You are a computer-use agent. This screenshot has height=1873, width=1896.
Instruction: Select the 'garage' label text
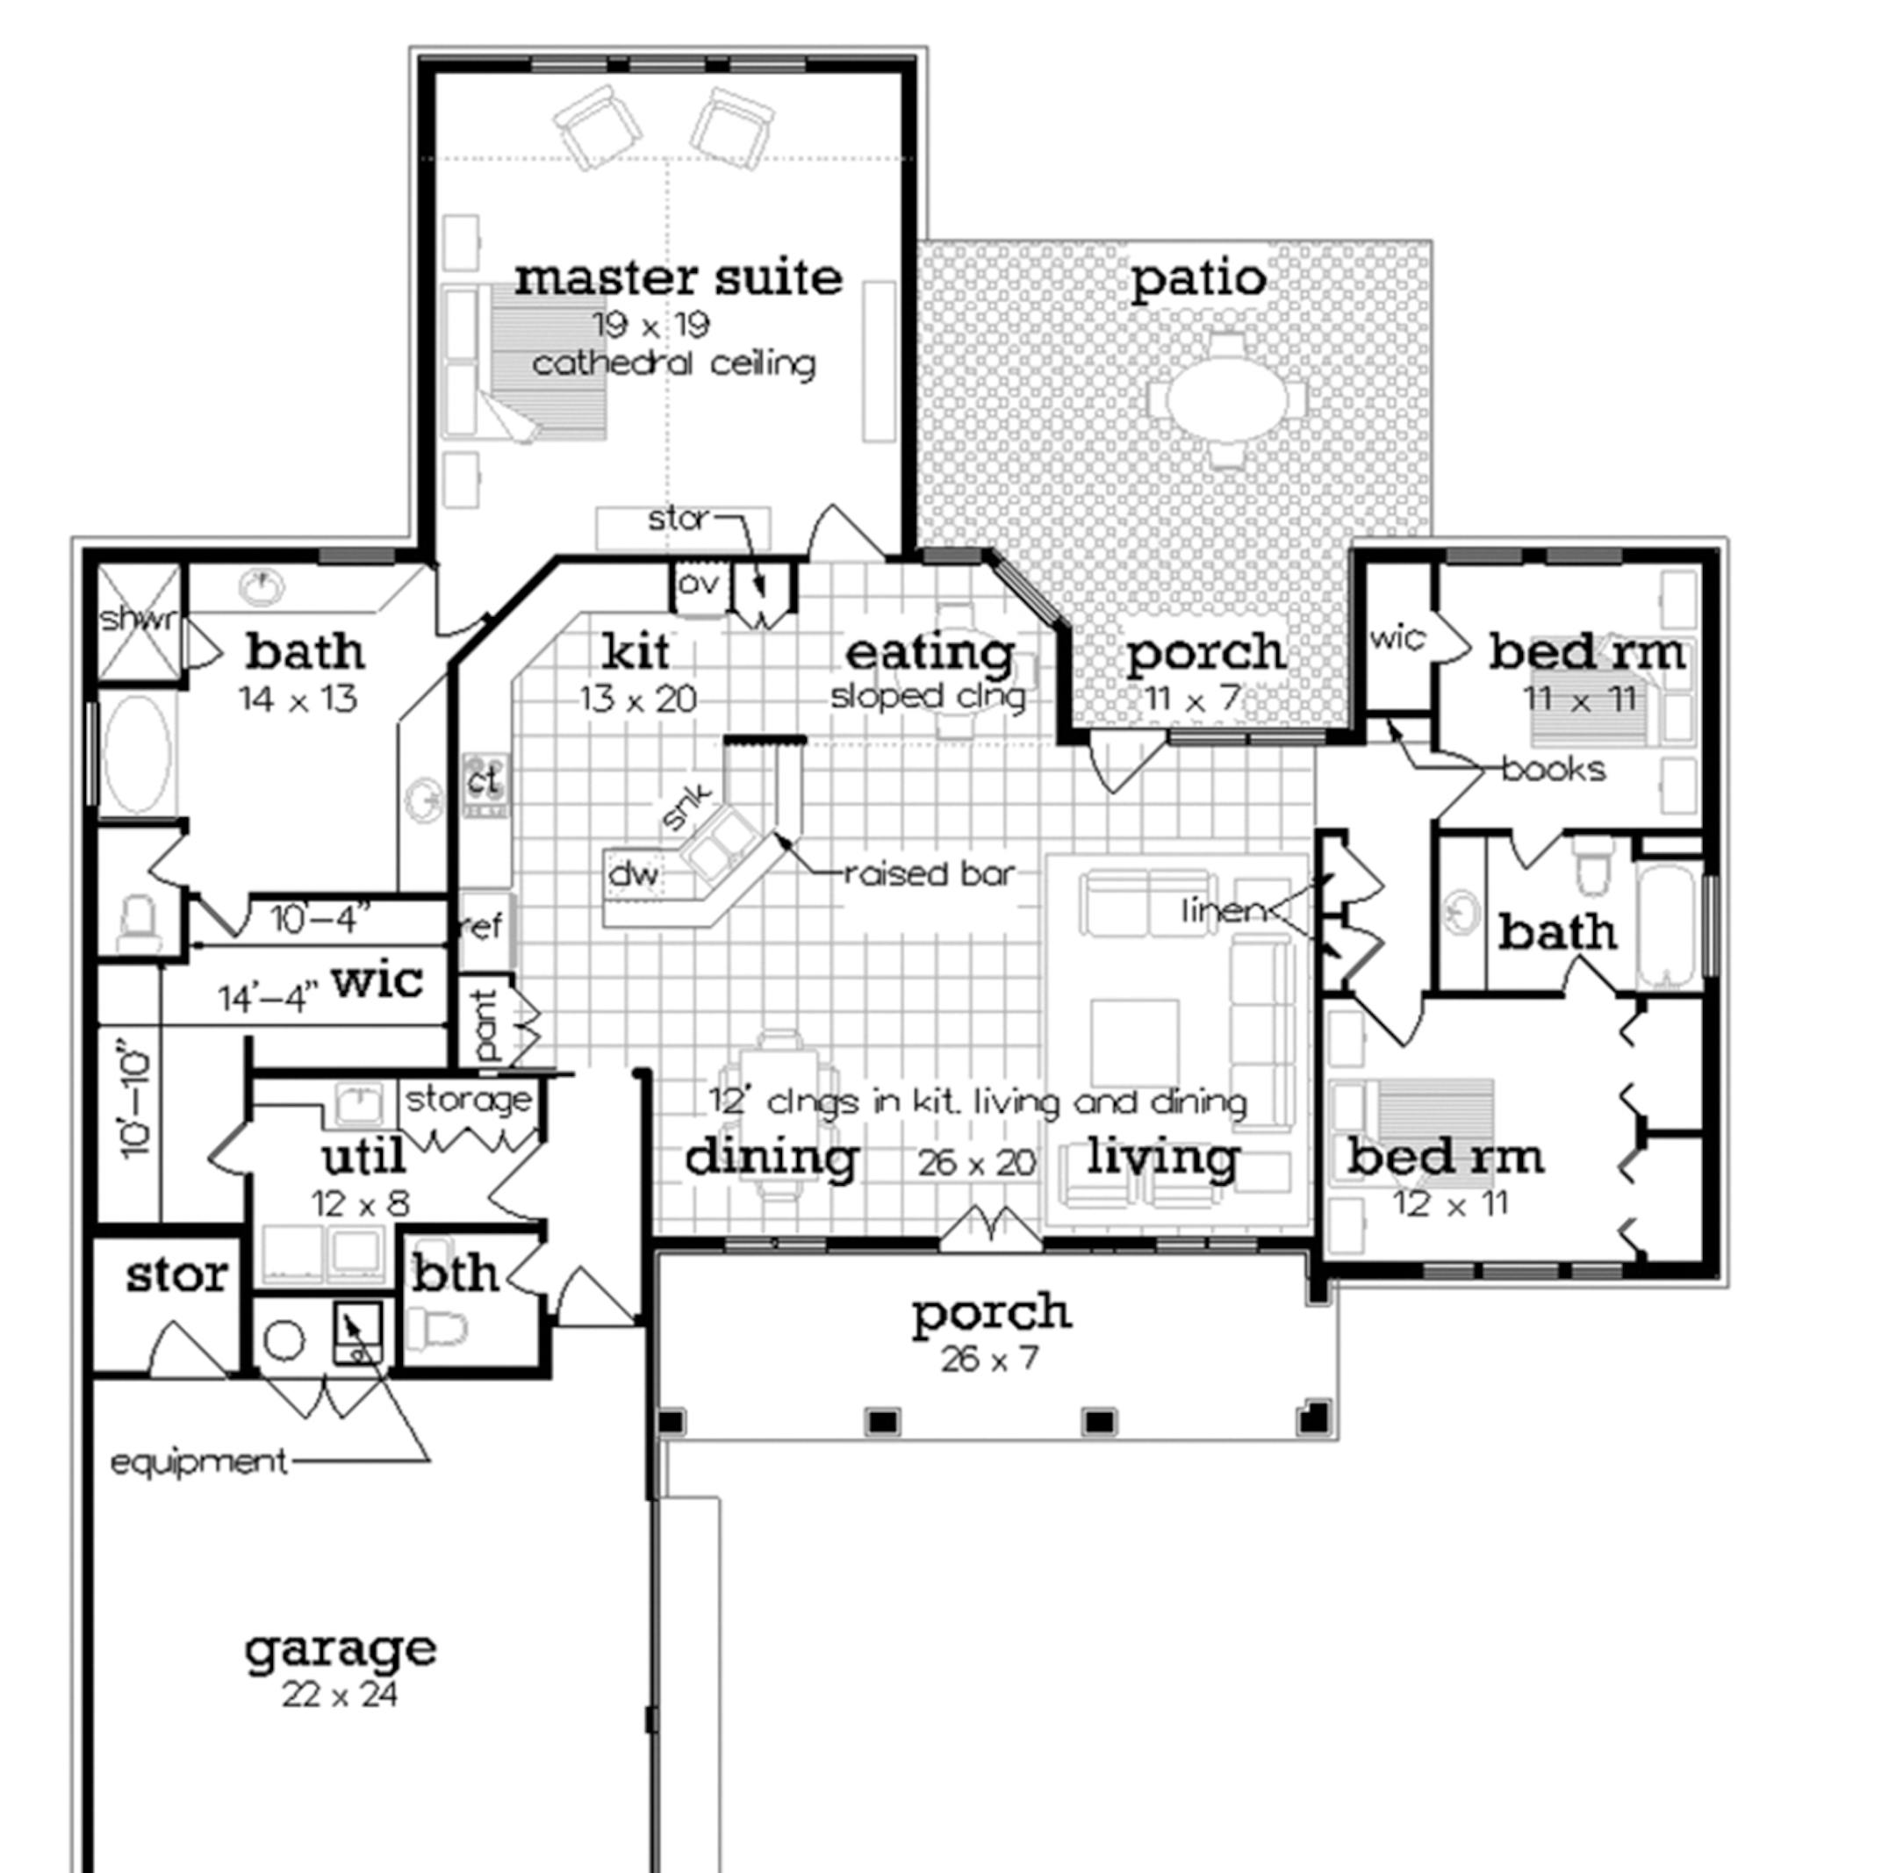coord(340,1649)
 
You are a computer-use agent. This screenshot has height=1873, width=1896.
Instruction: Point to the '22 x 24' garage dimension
coord(340,1695)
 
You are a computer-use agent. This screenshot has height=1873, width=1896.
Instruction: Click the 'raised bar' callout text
coord(929,873)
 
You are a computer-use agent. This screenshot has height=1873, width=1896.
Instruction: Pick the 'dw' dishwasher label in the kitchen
coord(634,872)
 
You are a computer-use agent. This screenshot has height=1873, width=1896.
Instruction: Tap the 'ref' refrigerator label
coord(481,925)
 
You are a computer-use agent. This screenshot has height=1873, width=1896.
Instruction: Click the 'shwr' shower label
coord(140,619)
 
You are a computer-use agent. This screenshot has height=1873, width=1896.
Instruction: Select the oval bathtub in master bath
coord(136,756)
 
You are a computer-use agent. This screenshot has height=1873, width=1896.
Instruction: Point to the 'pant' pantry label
coord(485,1025)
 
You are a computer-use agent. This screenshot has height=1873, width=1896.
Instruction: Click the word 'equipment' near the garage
coord(198,1463)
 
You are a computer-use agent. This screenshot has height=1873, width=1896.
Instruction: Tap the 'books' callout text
coord(1554,769)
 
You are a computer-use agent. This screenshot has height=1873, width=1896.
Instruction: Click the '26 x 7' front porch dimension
coord(989,1360)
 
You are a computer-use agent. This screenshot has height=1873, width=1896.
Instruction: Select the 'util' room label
coord(363,1158)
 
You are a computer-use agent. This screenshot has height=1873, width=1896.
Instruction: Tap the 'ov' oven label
coord(700,583)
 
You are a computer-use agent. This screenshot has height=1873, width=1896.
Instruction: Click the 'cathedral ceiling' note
coord(673,364)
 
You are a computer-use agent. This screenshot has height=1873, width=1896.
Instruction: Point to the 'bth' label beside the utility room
coord(455,1274)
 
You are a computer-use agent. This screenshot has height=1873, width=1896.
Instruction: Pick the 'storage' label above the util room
coord(468,1099)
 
